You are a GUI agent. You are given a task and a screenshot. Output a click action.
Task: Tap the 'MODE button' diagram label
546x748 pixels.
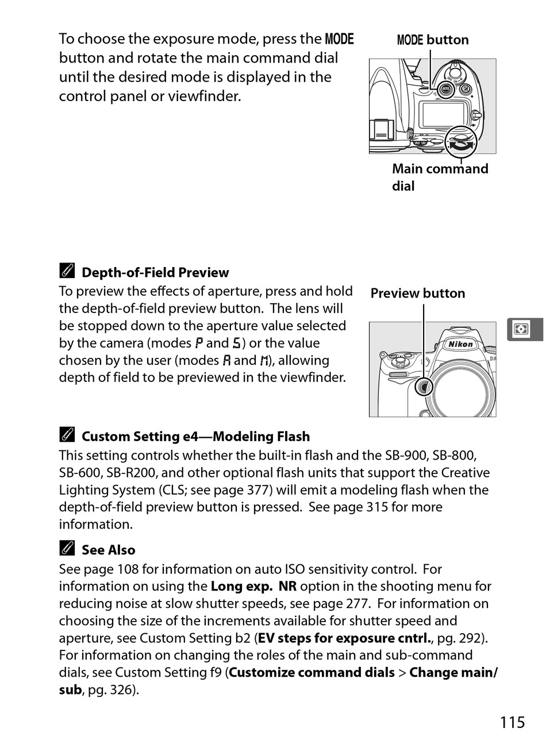[432, 40]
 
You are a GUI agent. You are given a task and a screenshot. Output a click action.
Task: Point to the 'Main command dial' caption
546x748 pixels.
[440, 177]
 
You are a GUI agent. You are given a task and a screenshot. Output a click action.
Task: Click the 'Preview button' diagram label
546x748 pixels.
[417, 294]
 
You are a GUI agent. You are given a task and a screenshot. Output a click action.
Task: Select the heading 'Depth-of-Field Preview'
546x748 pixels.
[155, 273]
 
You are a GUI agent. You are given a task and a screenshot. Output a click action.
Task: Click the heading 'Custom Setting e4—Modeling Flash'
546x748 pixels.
[195, 437]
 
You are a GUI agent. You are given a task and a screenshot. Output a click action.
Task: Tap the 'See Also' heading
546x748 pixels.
[108, 550]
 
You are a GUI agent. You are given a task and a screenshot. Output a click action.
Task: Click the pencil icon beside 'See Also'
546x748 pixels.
[67, 549]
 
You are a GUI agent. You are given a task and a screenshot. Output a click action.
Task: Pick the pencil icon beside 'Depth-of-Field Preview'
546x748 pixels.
[67, 272]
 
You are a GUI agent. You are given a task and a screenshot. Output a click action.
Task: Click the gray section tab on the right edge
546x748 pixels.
[524, 329]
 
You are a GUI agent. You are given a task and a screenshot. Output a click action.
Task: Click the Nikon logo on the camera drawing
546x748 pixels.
[460, 344]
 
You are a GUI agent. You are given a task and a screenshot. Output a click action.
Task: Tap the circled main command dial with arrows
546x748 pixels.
[461, 142]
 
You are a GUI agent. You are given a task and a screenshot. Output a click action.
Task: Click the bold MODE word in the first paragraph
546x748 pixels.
[339, 39]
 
